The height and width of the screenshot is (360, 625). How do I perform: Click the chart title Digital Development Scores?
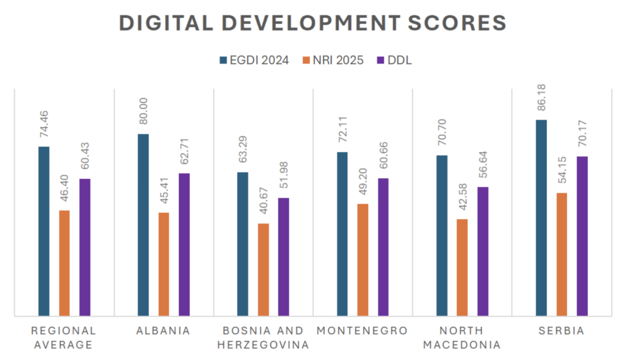(312, 23)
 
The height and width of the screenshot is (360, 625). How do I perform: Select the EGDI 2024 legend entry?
(255, 60)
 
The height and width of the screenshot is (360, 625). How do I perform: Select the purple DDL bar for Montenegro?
(383, 247)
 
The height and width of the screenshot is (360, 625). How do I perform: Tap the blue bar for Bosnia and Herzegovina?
(243, 244)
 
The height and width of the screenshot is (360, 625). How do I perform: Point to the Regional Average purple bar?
(85, 247)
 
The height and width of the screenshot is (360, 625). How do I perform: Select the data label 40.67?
(263, 203)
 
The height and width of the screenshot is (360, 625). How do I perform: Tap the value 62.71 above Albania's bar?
(184, 153)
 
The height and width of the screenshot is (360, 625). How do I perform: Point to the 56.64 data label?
(482, 167)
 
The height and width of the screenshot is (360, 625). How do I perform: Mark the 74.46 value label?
(44, 126)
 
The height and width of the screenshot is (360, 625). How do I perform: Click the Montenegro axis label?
(362, 331)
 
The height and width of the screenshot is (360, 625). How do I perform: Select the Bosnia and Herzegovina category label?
(263, 337)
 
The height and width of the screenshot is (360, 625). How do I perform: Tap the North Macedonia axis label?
(462, 337)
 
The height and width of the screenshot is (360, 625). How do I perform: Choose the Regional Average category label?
(64, 337)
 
